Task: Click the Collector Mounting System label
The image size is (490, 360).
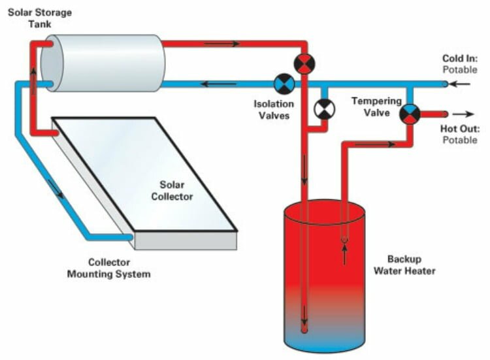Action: point(108,268)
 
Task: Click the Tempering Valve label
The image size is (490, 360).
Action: point(371,106)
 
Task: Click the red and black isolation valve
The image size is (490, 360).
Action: point(304,63)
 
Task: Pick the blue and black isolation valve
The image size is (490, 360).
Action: point(284,84)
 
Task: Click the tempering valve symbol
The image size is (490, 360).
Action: point(410,114)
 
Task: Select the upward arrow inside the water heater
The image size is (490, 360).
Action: point(344,254)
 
